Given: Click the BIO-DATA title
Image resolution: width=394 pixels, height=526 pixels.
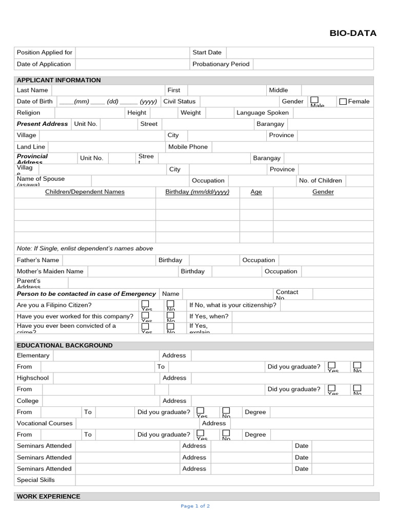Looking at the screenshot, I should (x=352, y=33).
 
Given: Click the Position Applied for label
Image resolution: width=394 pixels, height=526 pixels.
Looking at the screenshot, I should (x=45, y=52).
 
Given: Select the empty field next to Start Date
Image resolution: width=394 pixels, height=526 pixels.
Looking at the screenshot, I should (x=300, y=52).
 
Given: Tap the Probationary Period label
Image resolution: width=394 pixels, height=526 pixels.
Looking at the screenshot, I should (x=221, y=64).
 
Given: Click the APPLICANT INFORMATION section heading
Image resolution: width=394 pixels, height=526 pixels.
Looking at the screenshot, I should (x=58, y=80).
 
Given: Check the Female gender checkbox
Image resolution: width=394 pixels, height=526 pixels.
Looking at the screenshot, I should (x=343, y=102).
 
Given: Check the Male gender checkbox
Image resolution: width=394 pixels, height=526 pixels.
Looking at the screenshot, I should (x=314, y=100).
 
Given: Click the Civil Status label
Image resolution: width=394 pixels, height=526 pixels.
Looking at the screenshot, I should (x=179, y=101).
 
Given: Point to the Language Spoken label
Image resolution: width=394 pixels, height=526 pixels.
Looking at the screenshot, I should (x=262, y=112).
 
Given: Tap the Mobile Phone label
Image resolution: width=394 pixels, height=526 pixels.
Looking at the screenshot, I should (x=188, y=147).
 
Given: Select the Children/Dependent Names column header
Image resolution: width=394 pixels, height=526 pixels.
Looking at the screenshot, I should (x=85, y=192).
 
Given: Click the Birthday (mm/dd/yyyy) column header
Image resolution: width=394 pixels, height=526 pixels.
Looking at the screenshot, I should (x=197, y=192).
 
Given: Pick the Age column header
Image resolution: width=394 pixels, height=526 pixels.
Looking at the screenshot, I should (x=256, y=192).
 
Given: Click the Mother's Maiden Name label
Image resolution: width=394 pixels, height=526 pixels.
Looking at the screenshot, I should (x=50, y=271).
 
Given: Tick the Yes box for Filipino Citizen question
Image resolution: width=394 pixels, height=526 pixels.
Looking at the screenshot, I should (x=145, y=304).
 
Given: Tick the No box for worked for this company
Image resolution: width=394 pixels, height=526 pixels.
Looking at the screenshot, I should (x=170, y=315).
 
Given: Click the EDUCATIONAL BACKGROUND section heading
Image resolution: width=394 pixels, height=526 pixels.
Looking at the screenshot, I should (x=65, y=346).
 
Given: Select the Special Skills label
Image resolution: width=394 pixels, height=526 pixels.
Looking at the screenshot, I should (x=35, y=480).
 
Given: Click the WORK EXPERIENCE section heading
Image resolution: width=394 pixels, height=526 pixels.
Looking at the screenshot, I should (x=48, y=497).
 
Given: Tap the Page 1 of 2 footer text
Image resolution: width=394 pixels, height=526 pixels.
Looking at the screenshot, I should (x=195, y=506).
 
